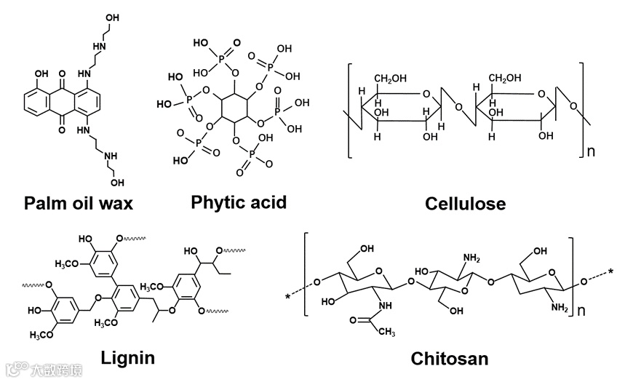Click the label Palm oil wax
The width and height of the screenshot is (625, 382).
coord(79,203)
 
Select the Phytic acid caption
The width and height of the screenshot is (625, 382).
coord(239,202)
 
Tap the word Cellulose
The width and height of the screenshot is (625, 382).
coord(465,204)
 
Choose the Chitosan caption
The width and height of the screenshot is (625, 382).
coord(450,359)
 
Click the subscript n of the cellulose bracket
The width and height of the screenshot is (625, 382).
coord(592,152)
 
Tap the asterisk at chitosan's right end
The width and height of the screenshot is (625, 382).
coord(611,274)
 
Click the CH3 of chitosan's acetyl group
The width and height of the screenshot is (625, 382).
coord(387,332)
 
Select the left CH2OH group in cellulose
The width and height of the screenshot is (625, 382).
coord(393,79)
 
